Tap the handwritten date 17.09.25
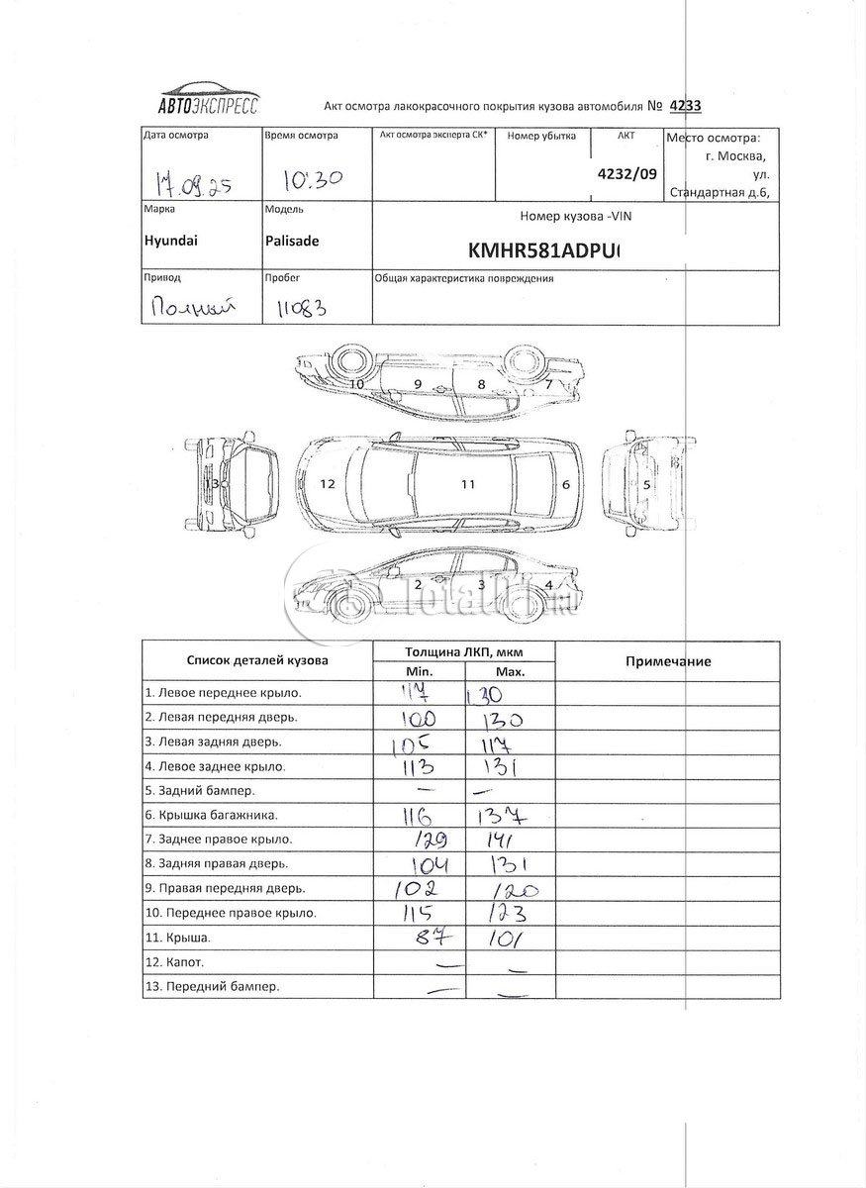point(193,181)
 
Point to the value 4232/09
point(626,171)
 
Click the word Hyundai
point(169,240)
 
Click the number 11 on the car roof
point(468,484)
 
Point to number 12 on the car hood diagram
point(329,484)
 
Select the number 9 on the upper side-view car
point(418,383)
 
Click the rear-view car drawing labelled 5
point(644,484)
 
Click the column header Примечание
point(668,661)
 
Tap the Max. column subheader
point(511,671)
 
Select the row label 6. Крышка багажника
point(212,815)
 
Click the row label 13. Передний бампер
point(212,986)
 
